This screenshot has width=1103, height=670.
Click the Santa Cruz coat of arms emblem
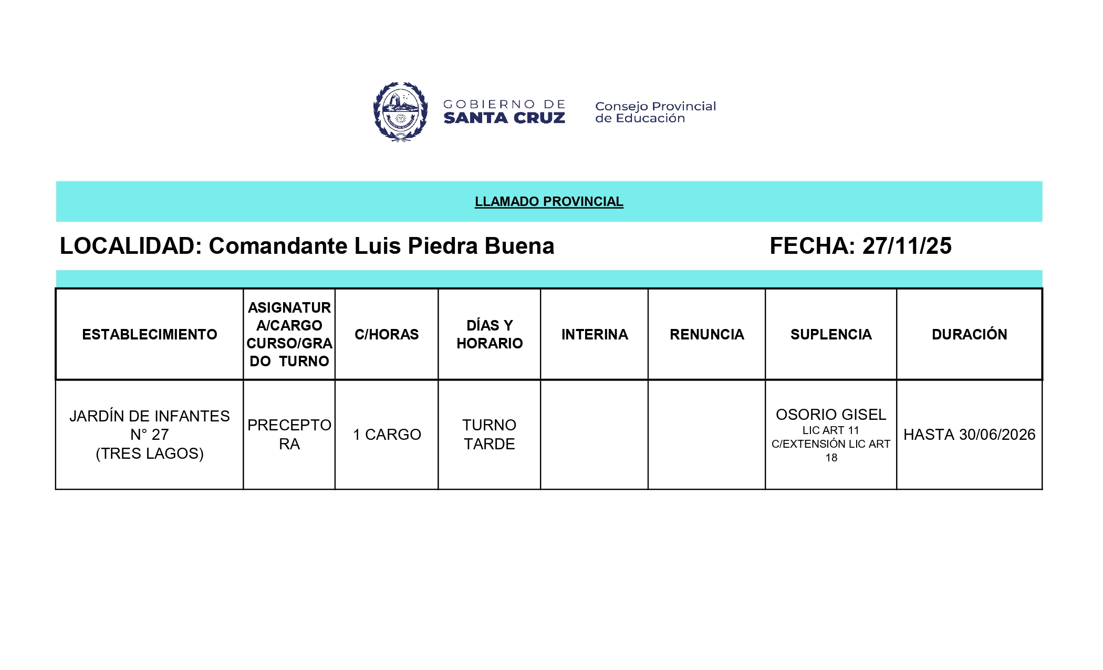pos(400,111)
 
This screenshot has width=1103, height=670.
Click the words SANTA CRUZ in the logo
pos(504,118)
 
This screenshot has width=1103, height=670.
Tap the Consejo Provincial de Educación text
pos(655,112)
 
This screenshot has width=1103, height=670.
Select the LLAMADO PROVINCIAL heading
pos(549,202)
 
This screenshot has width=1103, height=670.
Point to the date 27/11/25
pos(907,246)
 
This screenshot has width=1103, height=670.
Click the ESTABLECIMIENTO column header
pos(149,334)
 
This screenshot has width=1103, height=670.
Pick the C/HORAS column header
pos(387,334)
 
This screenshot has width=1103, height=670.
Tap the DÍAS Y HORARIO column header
pos(490,334)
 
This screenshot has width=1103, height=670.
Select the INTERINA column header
pos(595,334)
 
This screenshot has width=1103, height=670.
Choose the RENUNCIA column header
pos(706,334)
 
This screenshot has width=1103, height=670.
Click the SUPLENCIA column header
pos(831,334)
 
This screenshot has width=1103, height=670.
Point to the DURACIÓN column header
pos(969,334)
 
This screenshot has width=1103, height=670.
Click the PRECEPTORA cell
pos(289,435)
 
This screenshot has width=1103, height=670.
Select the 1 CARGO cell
pos(387,435)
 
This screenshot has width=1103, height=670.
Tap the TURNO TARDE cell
pos(490,435)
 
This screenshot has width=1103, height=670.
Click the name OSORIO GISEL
pos(831,415)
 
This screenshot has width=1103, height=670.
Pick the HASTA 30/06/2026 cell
pos(969,435)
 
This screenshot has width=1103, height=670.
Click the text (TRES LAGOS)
pos(150,453)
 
